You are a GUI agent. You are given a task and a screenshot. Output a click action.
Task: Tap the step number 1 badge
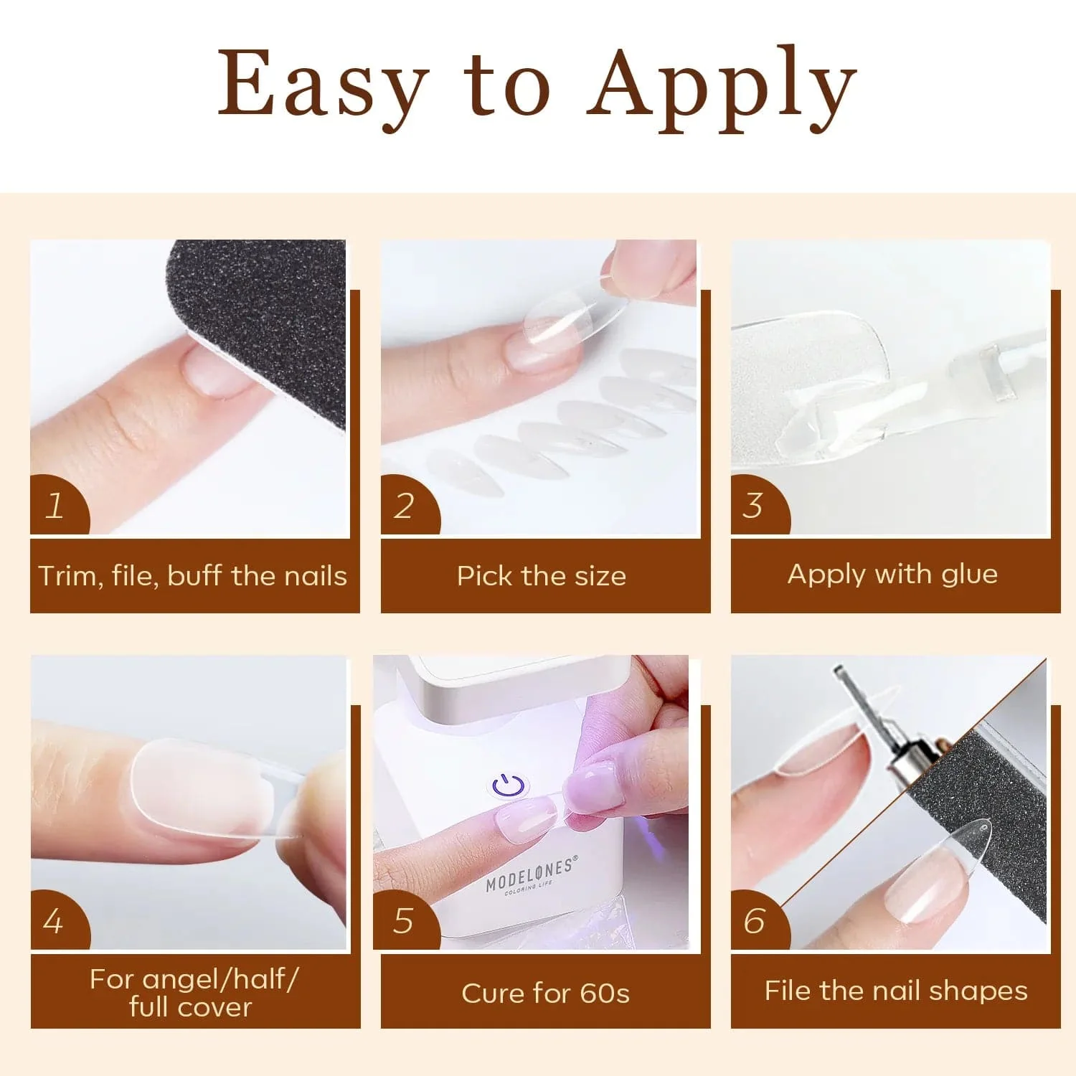56,506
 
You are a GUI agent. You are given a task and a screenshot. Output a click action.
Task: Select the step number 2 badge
405,506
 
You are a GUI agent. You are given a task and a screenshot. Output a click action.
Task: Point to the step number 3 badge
754,506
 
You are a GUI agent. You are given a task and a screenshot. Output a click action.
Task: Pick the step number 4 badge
54,921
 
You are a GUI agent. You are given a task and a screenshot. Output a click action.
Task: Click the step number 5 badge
404,921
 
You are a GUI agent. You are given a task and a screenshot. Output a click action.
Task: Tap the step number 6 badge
755,921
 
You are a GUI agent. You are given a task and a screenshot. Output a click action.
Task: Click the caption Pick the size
542,576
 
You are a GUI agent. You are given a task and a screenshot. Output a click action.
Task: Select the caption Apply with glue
892,574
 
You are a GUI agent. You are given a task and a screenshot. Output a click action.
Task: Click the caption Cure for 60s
545,994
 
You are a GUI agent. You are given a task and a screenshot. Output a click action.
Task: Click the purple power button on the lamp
509,785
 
